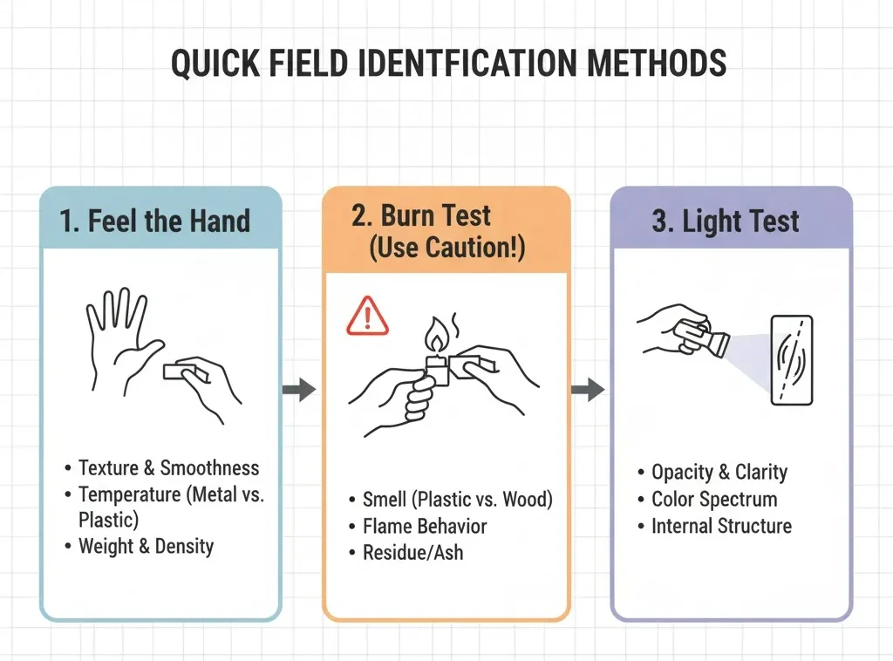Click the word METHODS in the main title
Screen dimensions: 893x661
[x=656, y=63]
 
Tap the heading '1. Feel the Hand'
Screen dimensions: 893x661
[x=155, y=221]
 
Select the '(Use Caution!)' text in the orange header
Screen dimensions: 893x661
[x=447, y=248]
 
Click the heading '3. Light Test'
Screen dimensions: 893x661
[x=726, y=221]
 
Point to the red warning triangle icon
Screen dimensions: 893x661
[x=367, y=316]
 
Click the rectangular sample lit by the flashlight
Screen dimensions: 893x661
[x=792, y=360]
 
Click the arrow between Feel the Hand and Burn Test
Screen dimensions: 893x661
[x=299, y=390]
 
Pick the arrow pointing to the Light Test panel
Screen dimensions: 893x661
[x=588, y=390]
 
